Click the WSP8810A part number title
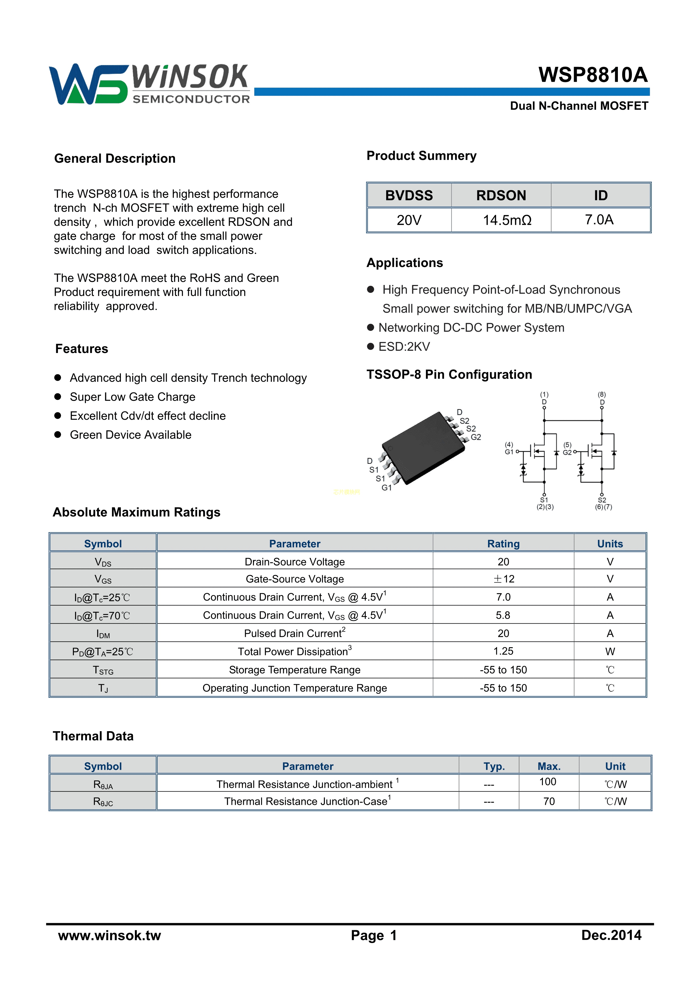(593, 75)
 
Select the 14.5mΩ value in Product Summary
(507, 220)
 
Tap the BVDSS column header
(409, 195)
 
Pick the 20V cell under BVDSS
(409, 220)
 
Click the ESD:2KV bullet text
(404, 347)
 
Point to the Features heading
(82, 349)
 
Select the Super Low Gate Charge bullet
(133, 397)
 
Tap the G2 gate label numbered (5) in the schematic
(567, 449)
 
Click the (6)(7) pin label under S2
(603, 507)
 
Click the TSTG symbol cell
(103, 670)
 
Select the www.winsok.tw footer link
(109, 935)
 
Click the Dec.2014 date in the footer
(611, 935)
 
